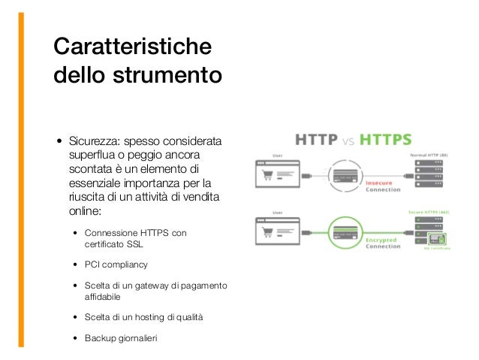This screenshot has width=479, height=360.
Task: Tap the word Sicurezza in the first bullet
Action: pyautogui.click(x=93, y=142)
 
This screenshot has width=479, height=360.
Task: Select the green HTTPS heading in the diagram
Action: pyautogui.click(x=384, y=140)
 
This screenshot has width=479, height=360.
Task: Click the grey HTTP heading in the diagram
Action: pyautogui.click(x=318, y=140)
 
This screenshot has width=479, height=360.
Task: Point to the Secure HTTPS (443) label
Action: pyautogui.click(x=429, y=213)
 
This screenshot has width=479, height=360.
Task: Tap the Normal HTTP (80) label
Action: pyautogui.click(x=430, y=153)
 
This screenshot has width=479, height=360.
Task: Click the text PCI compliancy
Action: pyautogui.click(x=116, y=265)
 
